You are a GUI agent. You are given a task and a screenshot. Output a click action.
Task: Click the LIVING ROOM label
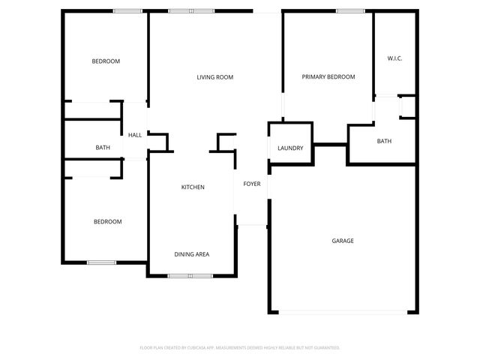click(215, 77)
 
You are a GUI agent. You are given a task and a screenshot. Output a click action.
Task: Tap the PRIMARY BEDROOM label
click(328, 77)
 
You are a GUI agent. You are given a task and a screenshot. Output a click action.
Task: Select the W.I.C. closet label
click(395, 58)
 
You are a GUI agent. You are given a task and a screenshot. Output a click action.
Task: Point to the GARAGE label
click(343, 241)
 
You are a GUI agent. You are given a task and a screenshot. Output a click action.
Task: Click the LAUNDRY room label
click(290, 148)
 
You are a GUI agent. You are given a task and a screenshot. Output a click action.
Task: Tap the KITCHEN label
click(193, 187)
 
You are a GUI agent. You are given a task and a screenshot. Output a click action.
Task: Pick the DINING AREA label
click(192, 254)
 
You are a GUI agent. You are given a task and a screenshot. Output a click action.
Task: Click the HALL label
click(135, 135)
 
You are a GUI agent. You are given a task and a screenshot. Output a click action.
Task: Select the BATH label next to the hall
click(103, 148)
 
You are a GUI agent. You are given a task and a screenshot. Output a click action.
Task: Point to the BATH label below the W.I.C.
click(384, 141)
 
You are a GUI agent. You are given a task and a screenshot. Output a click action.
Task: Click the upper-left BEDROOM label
click(106, 61)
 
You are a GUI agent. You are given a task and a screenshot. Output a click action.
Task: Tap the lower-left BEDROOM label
click(107, 221)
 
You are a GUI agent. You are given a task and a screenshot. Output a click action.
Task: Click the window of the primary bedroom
click(350, 11)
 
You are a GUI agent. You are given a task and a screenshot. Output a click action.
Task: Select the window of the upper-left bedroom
click(127, 11)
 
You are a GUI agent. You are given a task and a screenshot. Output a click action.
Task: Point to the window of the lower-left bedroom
click(101, 262)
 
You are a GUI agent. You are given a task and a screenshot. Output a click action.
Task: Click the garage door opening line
click(343, 312)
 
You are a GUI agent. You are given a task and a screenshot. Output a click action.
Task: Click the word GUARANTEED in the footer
click(324, 348)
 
